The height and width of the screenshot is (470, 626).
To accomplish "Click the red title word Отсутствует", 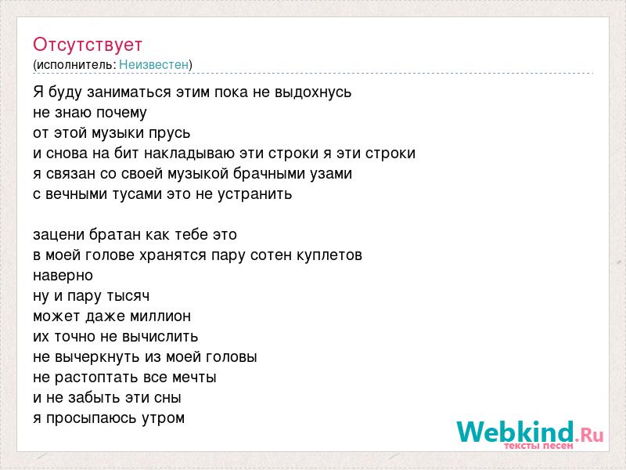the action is click(88, 45).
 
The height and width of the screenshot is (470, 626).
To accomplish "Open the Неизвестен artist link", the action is click(153, 64).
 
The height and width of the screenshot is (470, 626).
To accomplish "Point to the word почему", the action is click(121, 113).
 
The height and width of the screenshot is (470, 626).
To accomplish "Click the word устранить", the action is click(255, 194).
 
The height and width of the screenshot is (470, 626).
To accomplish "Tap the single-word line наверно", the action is click(63, 276).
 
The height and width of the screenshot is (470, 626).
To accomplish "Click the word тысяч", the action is click(128, 296).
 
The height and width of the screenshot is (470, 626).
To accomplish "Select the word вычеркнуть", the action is click(97, 357).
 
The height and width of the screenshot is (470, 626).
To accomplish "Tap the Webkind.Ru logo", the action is click(531, 433).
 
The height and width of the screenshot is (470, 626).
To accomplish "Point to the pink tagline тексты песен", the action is click(539, 446).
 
